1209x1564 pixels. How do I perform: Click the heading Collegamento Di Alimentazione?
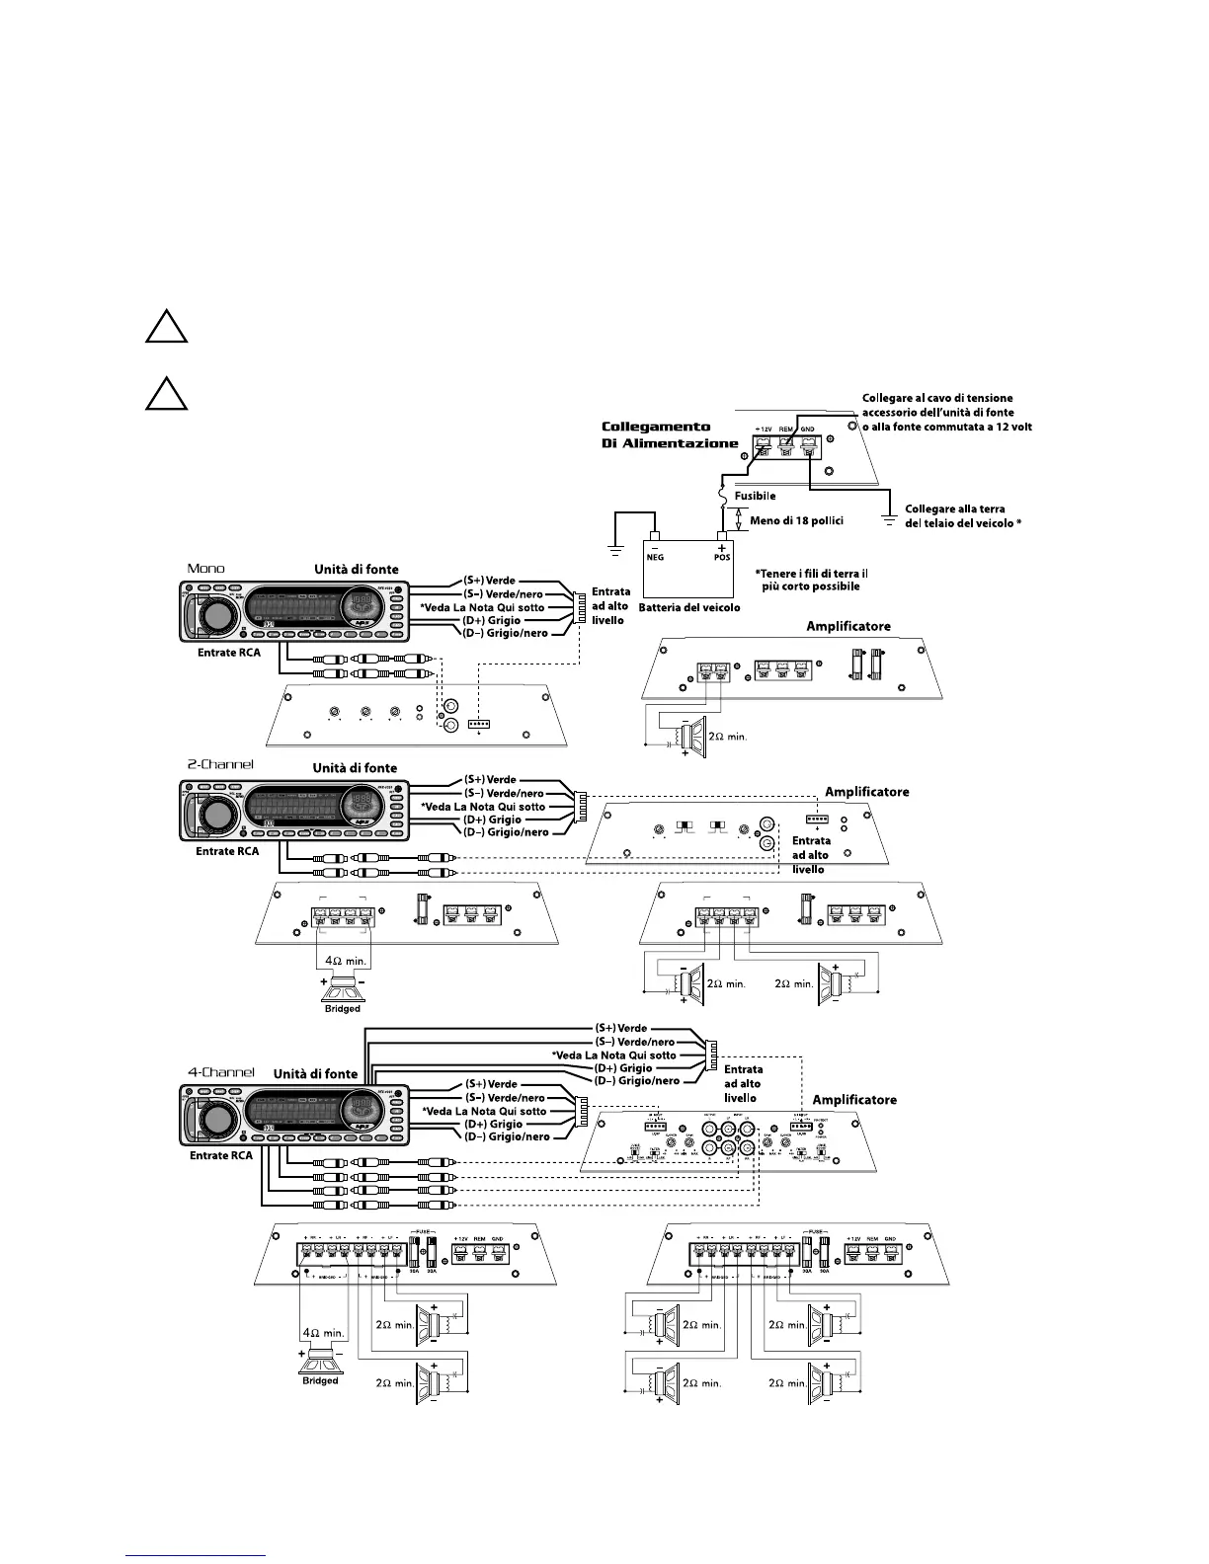pyautogui.click(x=670, y=434)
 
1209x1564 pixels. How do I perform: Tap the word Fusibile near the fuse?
pyautogui.click(x=755, y=496)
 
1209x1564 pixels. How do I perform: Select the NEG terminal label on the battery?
pyautogui.click(x=654, y=557)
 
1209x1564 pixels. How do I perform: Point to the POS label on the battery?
pyautogui.click(x=721, y=557)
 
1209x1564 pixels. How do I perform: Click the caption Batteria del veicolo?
pyautogui.click(x=688, y=607)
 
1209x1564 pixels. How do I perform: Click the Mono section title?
pyautogui.click(x=206, y=568)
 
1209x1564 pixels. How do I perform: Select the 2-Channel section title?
pyautogui.click(x=221, y=763)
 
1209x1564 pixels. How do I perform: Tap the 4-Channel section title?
pyautogui.click(x=221, y=1072)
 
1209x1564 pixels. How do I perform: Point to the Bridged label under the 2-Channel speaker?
pyautogui.click(x=342, y=1008)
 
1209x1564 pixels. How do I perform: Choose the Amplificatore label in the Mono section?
pyautogui.click(x=847, y=626)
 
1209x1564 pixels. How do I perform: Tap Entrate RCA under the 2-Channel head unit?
pyautogui.click(x=227, y=851)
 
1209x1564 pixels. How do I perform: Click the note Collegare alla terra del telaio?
pyautogui.click(x=962, y=515)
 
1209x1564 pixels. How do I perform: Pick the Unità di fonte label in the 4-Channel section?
pyautogui.click(x=315, y=1073)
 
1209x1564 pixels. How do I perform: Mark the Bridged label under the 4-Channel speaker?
pyautogui.click(x=320, y=1380)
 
